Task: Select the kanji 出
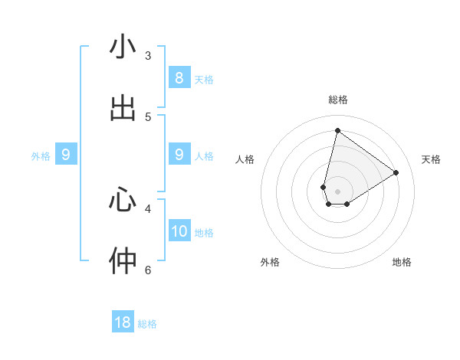pyautogui.click(x=123, y=109)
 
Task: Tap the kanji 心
pyautogui.click(x=123, y=201)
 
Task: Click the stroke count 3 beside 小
pyautogui.click(x=148, y=56)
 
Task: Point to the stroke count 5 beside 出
pyautogui.click(x=148, y=117)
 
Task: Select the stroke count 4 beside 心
pyautogui.click(x=148, y=208)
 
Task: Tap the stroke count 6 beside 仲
pyautogui.click(x=148, y=270)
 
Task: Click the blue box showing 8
pyautogui.click(x=179, y=78)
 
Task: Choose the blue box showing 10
pyautogui.click(x=179, y=231)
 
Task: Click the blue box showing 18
pyautogui.click(x=123, y=322)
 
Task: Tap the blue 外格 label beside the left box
pyautogui.click(x=41, y=156)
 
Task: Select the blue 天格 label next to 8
pyautogui.click(x=204, y=80)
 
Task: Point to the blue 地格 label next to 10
pyautogui.click(x=204, y=233)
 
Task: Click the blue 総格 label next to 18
pyautogui.click(x=147, y=324)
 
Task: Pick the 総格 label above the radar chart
pyautogui.click(x=338, y=100)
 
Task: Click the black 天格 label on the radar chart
pyautogui.click(x=431, y=159)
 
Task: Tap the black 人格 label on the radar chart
pyautogui.click(x=245, y=159)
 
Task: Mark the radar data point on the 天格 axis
pyautogui.click(x=396, y=172)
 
